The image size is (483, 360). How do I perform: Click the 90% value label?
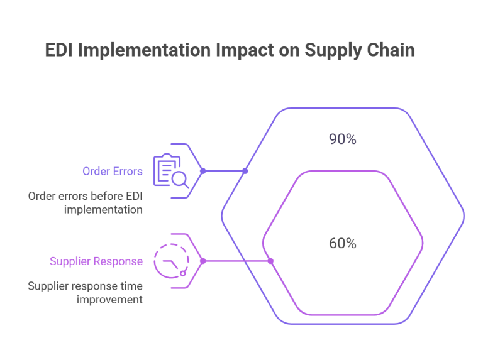pos(343,139)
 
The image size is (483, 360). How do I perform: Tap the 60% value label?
pos(343,243)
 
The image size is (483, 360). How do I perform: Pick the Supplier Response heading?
pos(96,261)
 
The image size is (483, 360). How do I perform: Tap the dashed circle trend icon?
pos(171,261)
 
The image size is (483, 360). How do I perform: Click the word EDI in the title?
pos(60,51)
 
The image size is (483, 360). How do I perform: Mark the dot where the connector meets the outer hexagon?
pos(245,171)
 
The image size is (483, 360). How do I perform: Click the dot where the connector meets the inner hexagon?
pos(271,261)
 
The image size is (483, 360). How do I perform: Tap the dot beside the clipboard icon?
pos(203,171)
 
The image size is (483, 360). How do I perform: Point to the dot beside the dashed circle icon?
pos(203,261)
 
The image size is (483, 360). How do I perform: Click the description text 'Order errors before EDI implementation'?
pos(86,202)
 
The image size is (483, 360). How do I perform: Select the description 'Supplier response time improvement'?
pos(86,293)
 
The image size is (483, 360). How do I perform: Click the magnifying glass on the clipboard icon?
pos(180,180)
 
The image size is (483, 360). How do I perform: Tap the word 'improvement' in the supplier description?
pos(109,300)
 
